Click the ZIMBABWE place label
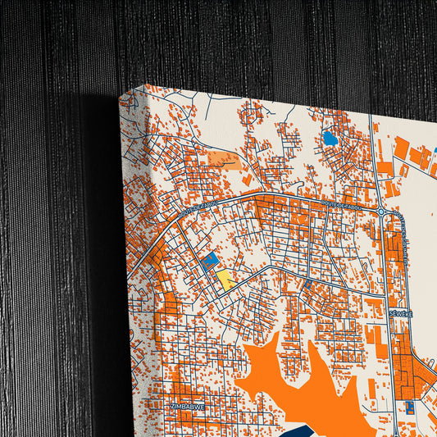(x=186, y=406)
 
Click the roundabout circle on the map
(x=382, y=212)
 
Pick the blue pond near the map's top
(x=330, y=139)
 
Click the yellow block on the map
(x=224, y=280)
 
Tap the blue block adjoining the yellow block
(x=210, y=260)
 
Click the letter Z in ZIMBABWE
(x=171, y=406)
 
